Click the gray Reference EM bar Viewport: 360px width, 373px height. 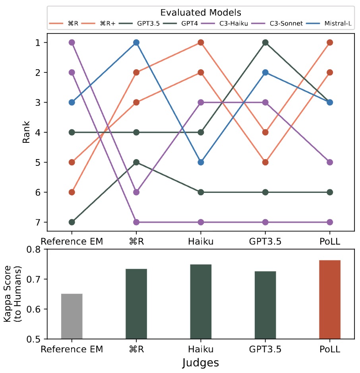pyautogui.click(x=72, y=316)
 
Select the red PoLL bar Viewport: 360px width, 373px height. pyautogui.click(x=329, y=299)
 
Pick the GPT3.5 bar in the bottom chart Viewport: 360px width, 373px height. pyautogui.click(x=265, y=305)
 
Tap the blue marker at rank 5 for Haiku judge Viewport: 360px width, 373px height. pyautogui.click(x=201, y=162)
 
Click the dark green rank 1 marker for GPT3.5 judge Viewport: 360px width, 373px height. pyautogui.click(x=265, y=43)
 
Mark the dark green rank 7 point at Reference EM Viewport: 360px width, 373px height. pyautogui.click(x=72, y=222)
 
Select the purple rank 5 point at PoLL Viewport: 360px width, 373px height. pyautogui.click(x=329, y=162)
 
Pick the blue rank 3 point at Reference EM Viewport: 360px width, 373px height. pyautogui.click(x=72, y=102)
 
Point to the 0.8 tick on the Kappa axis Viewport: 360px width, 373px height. pyautogui.click(x=35, y=250)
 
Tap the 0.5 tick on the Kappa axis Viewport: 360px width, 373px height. pyautogui.click(x=35, y=339)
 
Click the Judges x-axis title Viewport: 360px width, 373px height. pyautogui.click(x=201, y=363)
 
